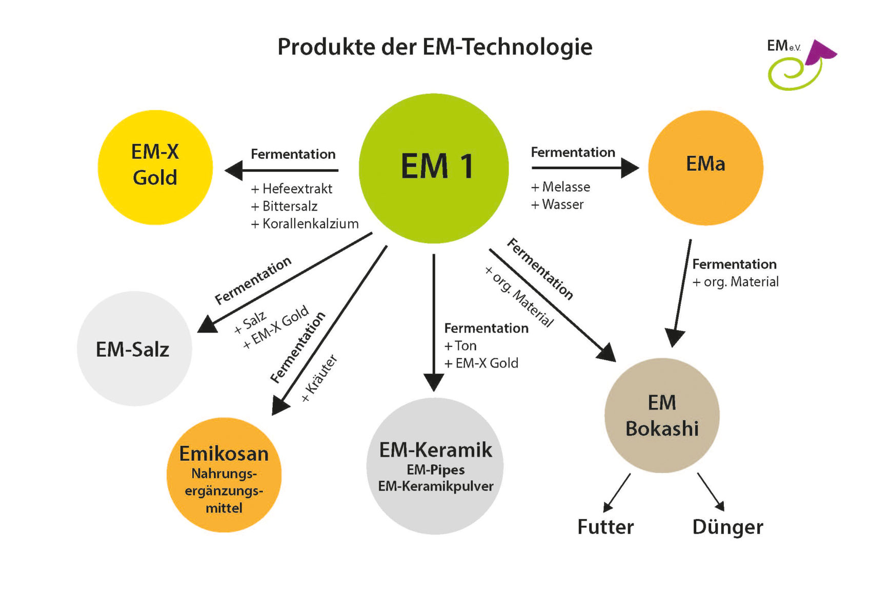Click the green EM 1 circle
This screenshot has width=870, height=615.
coord(434,168)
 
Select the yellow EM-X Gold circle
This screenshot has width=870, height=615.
coord(155,167)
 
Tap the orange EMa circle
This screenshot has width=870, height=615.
coord(705,168)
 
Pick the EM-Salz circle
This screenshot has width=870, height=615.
coord(134,348)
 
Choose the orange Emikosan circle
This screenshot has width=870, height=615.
coord(224,475)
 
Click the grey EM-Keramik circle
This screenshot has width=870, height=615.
coord(435,466)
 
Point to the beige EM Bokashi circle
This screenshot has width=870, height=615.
coord(662,415)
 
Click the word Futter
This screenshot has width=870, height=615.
coord(605,527)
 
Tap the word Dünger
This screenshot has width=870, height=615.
coord(727,527)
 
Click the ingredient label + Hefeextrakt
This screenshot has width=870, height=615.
coord(292,189)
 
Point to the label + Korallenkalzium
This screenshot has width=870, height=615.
coord(305,223)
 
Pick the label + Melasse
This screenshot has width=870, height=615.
coord(560,187)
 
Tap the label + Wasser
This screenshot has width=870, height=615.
coord(557,204)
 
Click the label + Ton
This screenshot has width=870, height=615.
coord(460,345)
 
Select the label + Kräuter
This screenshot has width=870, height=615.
coord(319,379)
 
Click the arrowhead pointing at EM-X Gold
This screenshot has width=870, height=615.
coord(234,170)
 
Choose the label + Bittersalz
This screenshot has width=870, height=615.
coord(284,206)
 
